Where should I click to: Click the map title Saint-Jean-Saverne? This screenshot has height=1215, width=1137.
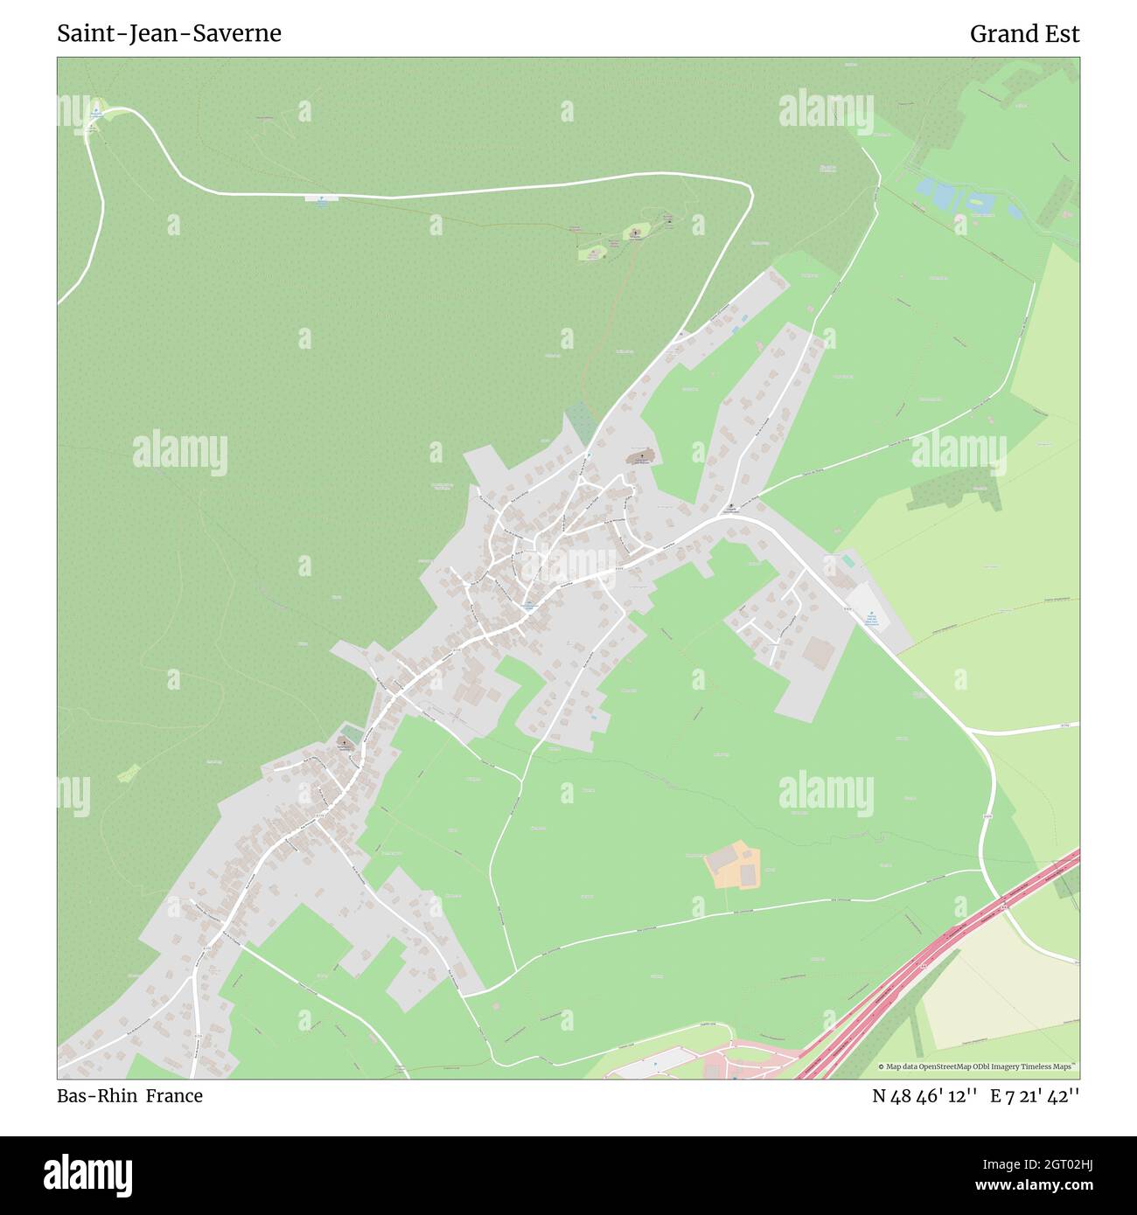[169, 33]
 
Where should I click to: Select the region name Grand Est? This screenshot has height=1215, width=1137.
[1024, 33]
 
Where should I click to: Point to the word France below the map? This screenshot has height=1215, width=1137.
[174, 1096]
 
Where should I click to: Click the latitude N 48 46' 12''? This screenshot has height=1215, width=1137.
[924, 1096]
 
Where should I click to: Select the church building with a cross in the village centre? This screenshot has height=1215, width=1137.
[639, 457]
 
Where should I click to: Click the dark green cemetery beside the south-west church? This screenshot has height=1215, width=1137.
[350, 731]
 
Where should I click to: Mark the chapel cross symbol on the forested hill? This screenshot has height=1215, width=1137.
[636, 233]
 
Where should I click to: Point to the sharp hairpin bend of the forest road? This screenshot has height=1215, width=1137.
[748, 188]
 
